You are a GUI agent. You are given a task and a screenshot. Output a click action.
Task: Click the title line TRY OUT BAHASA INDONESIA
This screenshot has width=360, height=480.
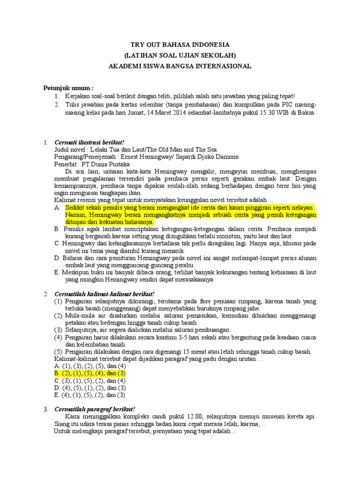click(180, 45)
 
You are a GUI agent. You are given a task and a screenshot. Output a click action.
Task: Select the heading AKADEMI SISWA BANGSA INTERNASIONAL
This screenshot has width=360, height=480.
click(180, 66)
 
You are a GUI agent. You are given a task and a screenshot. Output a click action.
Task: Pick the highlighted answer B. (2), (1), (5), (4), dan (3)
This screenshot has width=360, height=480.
click(90, 373)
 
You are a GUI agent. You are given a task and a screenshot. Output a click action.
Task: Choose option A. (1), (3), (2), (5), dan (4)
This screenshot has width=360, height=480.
click(90, 366)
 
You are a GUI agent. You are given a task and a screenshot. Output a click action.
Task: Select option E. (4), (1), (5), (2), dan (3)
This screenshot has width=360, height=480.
click(90, 395)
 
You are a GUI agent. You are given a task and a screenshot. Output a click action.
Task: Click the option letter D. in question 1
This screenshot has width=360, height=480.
click(57, 258)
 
